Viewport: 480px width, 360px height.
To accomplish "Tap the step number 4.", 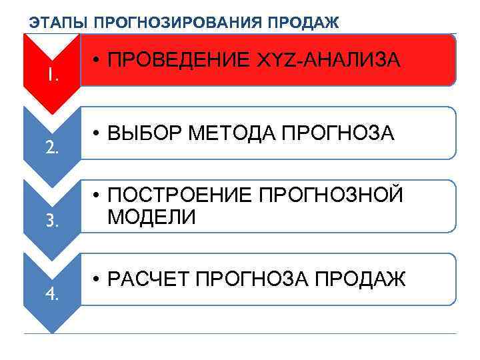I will click(53, 293).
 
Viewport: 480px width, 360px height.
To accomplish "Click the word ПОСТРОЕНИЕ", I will click(179, 196).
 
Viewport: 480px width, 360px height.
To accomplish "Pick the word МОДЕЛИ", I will click(151, 217).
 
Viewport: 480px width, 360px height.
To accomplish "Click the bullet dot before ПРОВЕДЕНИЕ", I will click(97, 61).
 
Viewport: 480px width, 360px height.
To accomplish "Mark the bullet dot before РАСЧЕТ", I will click(97, 280).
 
